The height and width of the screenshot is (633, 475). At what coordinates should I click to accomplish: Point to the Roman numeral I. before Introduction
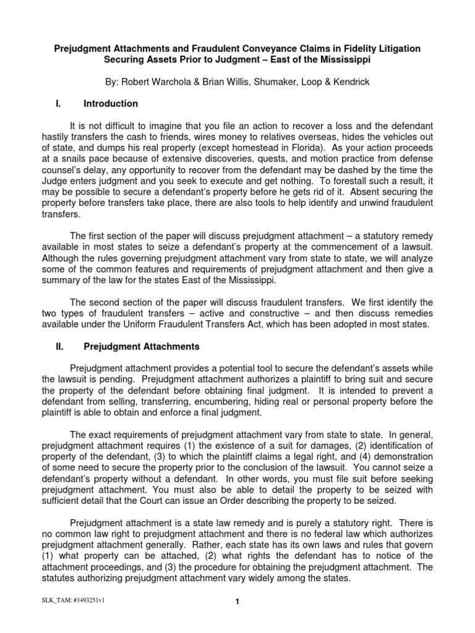pos(52,103)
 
